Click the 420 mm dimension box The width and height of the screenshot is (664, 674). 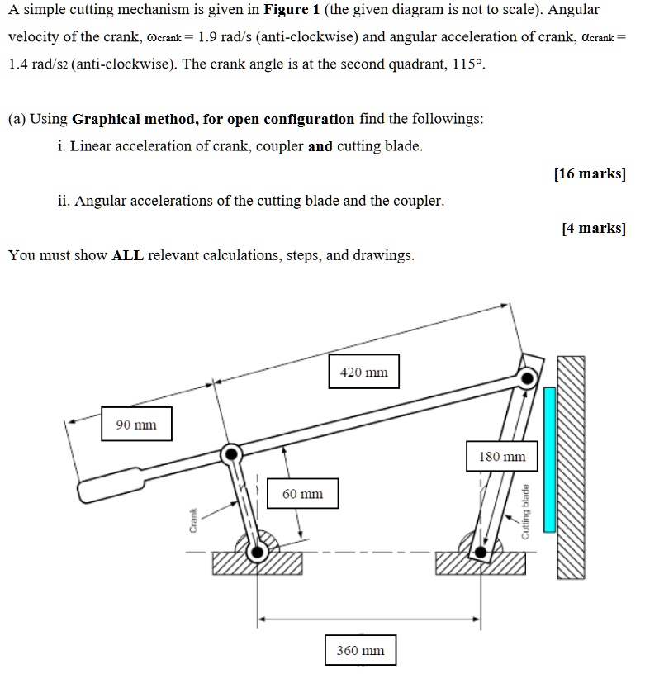[363, 373]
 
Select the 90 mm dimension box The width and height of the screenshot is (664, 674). [136, 425]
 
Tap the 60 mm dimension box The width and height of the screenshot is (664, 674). [302, 494]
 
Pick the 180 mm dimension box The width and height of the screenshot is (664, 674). [501, 456]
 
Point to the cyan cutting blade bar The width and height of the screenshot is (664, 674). [549, 459]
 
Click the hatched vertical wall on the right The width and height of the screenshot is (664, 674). [571, 468]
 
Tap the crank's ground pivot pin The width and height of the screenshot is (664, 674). [258, 552]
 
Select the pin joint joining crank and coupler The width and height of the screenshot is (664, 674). [232, 453]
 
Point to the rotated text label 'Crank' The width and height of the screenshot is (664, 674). [193, 519]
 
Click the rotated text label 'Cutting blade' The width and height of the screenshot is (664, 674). [524, 512]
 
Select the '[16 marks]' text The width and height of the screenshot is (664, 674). [590, 173]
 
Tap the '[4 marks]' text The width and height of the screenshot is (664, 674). [593, 228]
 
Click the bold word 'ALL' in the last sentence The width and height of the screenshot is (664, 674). [127, 255]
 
